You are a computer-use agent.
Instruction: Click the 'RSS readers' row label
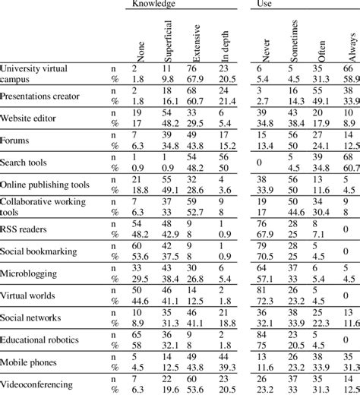(x=27, y=226)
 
